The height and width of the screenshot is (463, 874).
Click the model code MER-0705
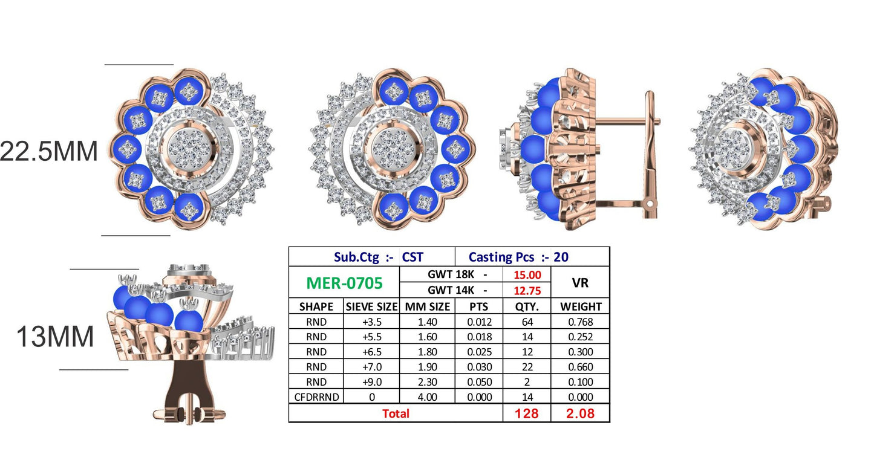344,283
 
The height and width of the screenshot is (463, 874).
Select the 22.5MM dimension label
49,151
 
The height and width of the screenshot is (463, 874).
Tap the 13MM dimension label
55,336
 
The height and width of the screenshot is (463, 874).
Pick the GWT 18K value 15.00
527,275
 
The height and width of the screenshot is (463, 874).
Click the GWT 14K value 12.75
527,291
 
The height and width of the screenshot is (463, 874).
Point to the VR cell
580,282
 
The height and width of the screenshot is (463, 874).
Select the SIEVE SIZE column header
371,306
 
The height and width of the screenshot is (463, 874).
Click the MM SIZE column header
427,306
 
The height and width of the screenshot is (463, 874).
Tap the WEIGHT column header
581,306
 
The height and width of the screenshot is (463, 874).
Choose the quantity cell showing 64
527,322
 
